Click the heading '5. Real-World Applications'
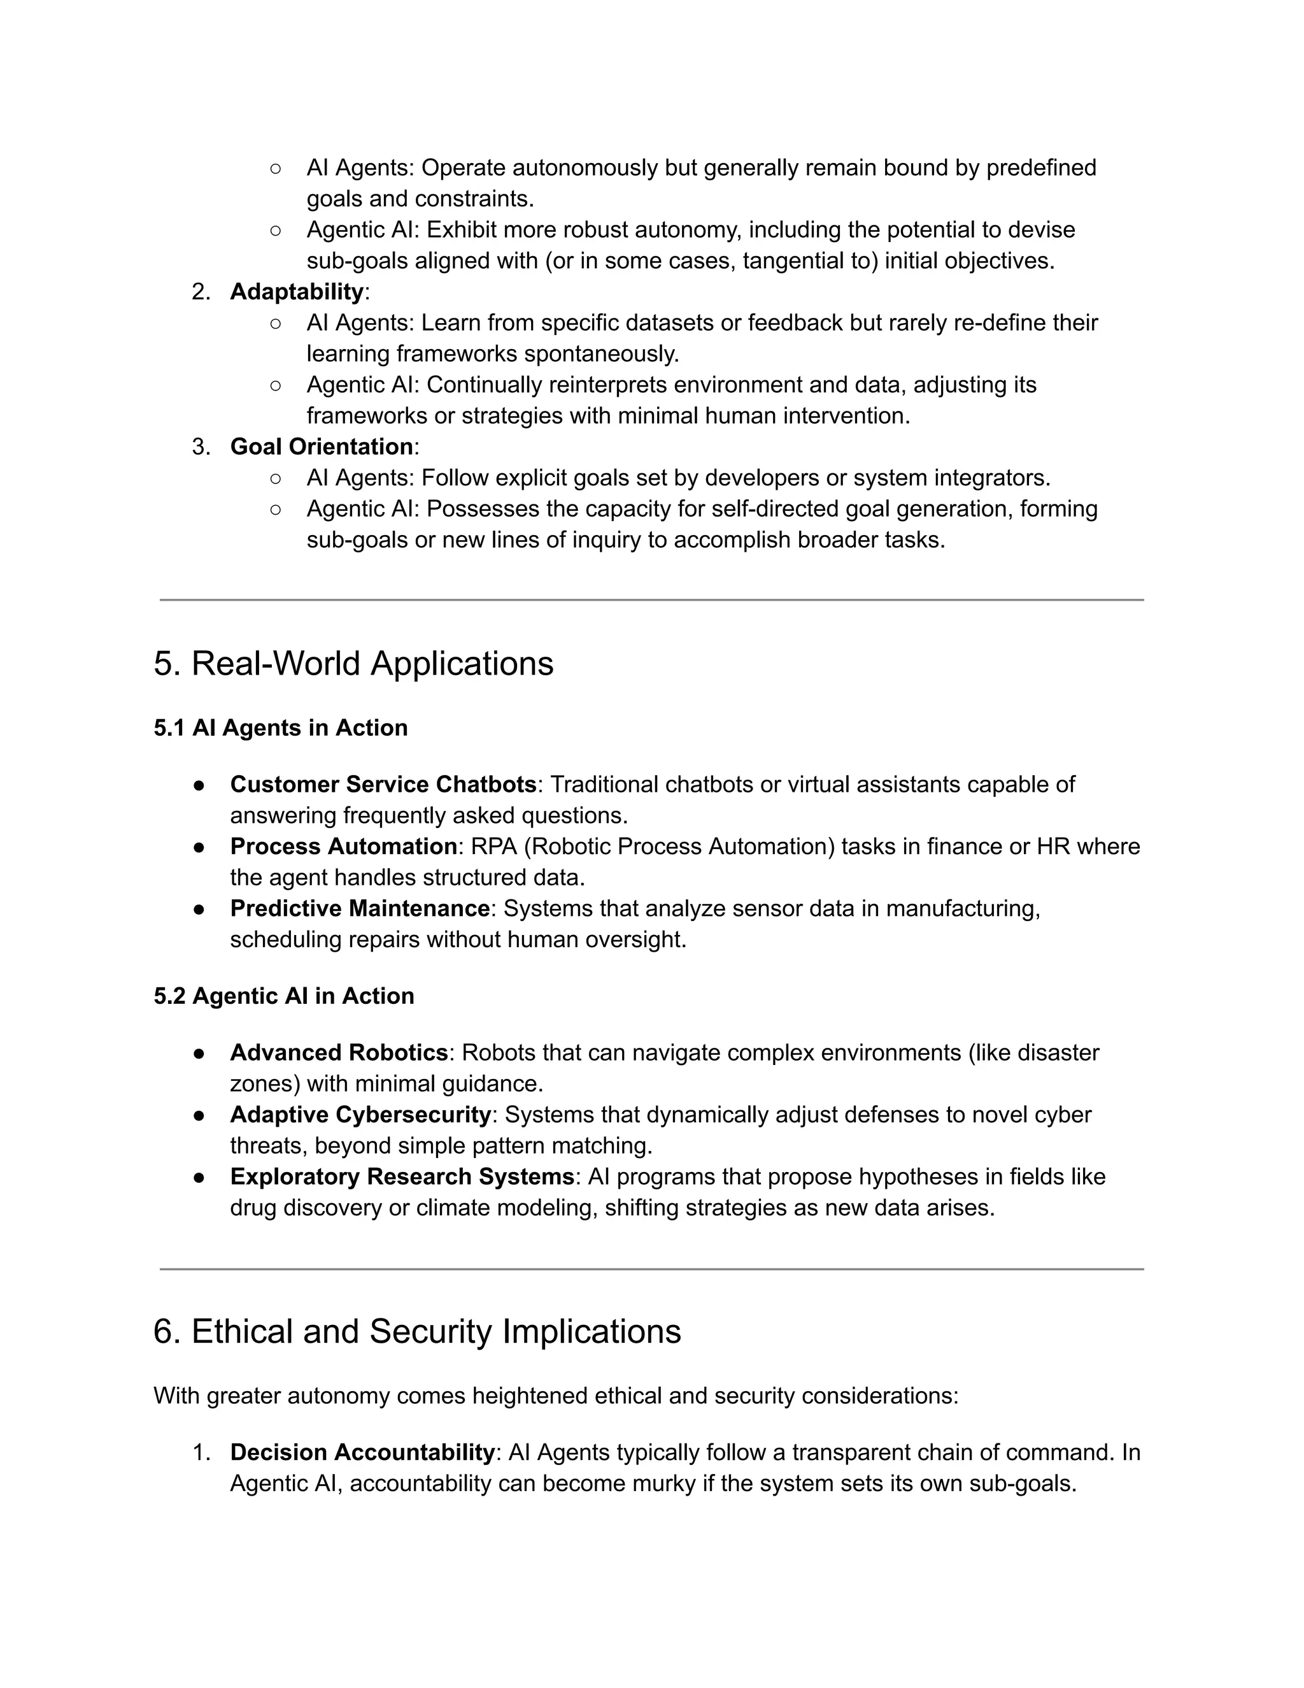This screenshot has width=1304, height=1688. click(x=353, y=664)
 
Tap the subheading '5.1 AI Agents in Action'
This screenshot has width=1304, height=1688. click(x=280, y=728)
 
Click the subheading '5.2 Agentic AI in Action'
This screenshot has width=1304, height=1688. click(x=283, y=996)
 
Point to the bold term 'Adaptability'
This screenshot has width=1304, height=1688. click(x=297, y=292)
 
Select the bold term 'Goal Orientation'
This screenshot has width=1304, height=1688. click(x=322, y=447)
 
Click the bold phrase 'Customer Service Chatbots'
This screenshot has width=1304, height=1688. click(x=383, y=785)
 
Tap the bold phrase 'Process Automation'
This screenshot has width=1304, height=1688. click(x=343, y=847)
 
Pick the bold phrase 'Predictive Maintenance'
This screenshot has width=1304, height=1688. click(x=360, y=908)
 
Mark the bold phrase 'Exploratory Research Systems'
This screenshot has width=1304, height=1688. click(x=402, y=1177)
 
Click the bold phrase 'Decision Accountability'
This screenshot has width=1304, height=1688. click(x=362, y=1452)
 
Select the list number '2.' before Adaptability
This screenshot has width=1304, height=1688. click(x=201, y=292)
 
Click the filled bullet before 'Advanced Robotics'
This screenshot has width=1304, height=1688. click(x=199, y=1054)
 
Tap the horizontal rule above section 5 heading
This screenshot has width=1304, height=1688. click(x=651, y=600)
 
